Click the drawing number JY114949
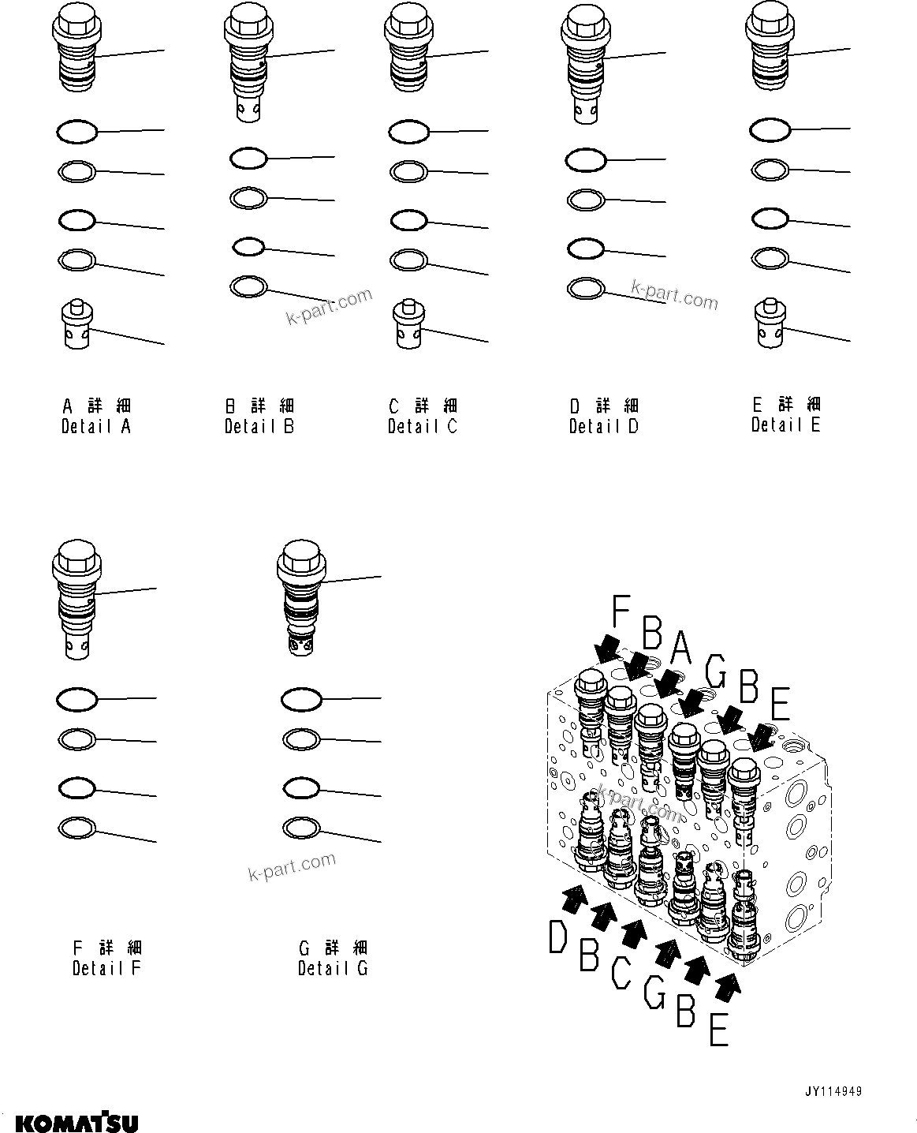coord(833,1092)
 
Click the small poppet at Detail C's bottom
coord(408,325)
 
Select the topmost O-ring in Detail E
coord(770,130)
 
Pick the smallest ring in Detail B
coord(248,247)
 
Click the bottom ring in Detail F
coord(78,827)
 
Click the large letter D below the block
coord(558,937)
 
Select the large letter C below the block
coord(621,971)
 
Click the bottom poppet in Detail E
coord(770,323)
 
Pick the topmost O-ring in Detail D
coord(585,161)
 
